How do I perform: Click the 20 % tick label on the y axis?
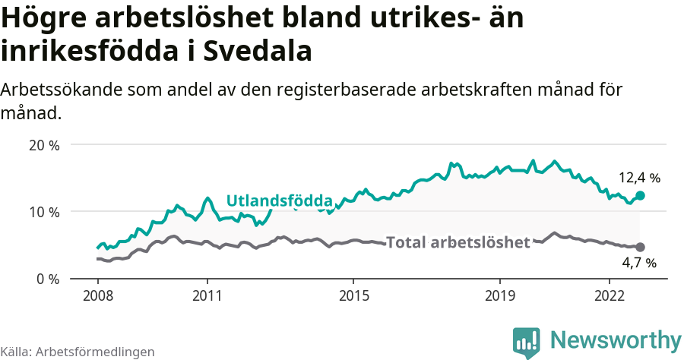(x=43, y=145)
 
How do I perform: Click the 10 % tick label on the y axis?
(x=43, y=212)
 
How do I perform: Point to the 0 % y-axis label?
(x=46, y=279)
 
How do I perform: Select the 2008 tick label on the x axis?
(x=97, y=295)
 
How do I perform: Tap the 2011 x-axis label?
(x=207, y=295)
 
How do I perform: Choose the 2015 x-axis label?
(x=353, y=295)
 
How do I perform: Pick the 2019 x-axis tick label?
(x=500, y=295)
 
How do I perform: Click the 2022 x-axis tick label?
(x=610, y=295)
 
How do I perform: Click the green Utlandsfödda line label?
(x=280, y=201)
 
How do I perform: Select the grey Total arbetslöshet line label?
(x=458, y=243)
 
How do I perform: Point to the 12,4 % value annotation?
(x=639, y=178)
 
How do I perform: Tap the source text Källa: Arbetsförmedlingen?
(x=78, y=352)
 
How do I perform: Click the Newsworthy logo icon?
(x=526, y=343)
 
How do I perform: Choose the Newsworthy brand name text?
(x=616, y=339)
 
